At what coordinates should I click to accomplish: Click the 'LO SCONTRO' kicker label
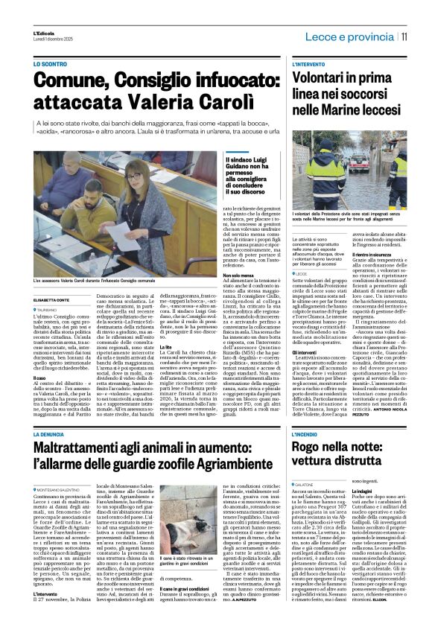[x=51, y=65]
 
